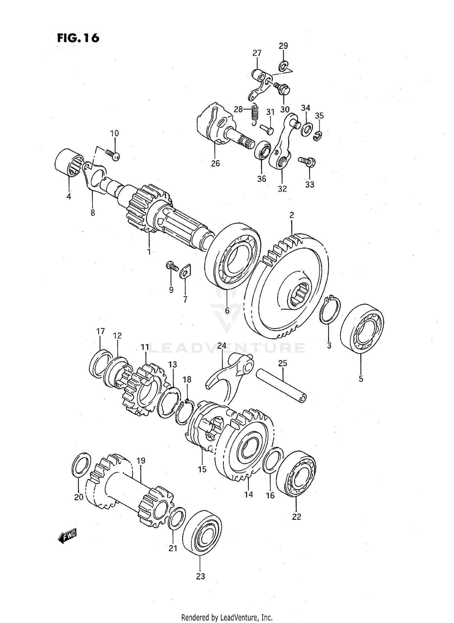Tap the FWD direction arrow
pos(67,536)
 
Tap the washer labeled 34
pos(307,128)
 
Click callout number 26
pos(215,163)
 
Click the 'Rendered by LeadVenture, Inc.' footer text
pos(227,617)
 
